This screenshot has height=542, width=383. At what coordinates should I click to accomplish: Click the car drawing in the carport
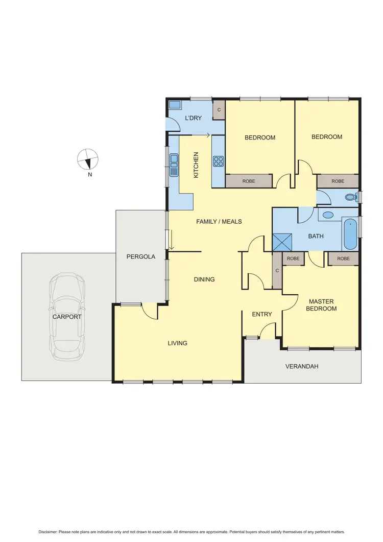[x=67, y=317]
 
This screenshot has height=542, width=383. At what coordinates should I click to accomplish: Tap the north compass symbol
[x=87, y=159]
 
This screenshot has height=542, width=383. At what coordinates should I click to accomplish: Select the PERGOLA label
[x=140, y=256]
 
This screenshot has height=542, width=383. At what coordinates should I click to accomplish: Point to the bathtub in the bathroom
[x=350, y=234]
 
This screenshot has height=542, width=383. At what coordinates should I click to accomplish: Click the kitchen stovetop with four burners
[x=219, y=161]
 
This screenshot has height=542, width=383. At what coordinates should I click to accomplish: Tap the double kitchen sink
[x=174, y=164]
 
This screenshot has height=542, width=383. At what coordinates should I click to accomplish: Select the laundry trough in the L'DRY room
[x=175, y=106]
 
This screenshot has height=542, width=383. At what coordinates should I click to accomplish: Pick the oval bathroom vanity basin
[x=328, y=215]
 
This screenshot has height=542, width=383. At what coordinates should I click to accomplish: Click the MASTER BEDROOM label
[x=321, y=305]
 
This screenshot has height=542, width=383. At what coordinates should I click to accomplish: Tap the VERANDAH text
[x=302, y=366]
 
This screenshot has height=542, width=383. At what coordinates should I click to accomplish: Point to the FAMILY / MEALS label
[x=219, y=222]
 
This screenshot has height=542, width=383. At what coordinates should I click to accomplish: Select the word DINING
[x=204, y=279]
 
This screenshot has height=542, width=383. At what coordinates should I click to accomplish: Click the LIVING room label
[x=177, y=343]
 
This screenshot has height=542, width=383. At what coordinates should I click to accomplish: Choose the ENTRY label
[x=262, y=314]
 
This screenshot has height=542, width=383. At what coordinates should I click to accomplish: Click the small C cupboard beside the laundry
[x=219, y=110]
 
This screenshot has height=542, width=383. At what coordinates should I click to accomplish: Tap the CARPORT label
[x=67, y=317]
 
